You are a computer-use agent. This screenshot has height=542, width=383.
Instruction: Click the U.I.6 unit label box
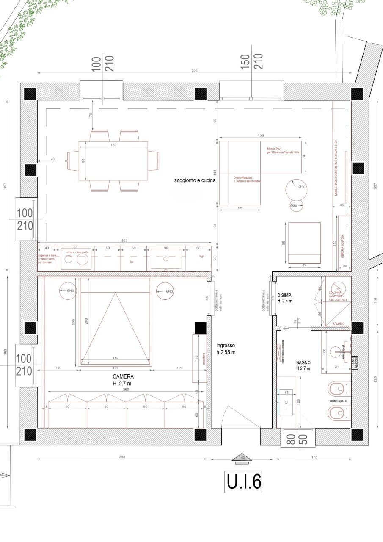(243, 481)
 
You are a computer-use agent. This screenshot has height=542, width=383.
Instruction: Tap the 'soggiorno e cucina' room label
(195, 180)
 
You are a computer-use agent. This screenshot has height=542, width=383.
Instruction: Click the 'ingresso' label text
(226, 345)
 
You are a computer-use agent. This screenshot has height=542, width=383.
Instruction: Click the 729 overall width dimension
(194, 71)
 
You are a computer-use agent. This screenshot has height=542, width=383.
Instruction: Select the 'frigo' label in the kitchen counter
(202, 256)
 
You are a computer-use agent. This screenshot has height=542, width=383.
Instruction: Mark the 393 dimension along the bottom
(122, 457)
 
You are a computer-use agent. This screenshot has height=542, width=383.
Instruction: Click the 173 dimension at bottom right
(314, 457)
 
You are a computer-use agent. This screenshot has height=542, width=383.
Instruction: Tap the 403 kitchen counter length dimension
(124, 241)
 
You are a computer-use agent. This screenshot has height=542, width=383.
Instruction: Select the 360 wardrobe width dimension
(125, 389)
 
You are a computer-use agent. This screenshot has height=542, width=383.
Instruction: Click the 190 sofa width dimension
(260, 135)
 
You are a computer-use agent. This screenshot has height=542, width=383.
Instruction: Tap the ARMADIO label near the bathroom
(339, 324)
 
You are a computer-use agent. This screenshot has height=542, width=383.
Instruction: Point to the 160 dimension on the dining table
(113, 145)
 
